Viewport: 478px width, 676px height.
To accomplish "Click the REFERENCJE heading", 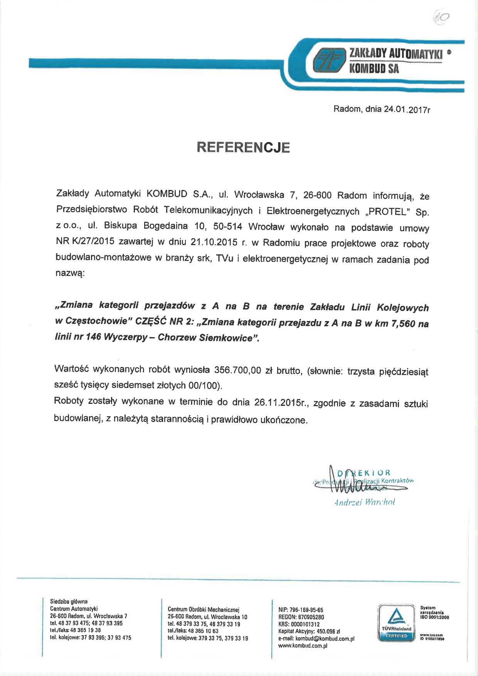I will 243,148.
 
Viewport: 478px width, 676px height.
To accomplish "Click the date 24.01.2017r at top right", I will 407,109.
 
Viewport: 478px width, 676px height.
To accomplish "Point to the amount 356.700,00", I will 238,370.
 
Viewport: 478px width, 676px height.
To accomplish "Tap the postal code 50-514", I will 227,226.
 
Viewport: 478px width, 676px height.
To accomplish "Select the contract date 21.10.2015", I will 214,242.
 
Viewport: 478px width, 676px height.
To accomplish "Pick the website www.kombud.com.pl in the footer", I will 303,646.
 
